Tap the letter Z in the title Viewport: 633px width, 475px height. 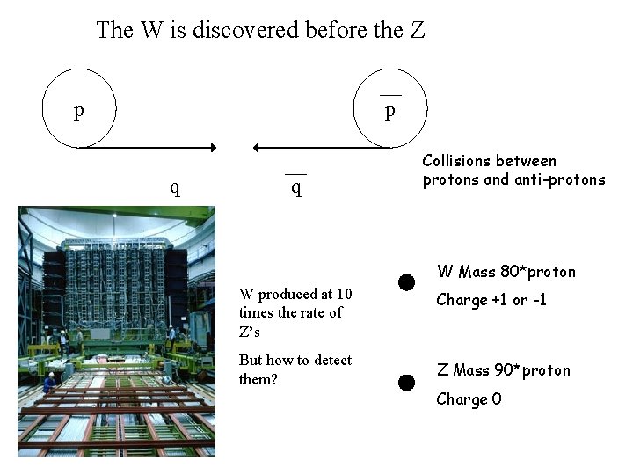(x=418, y=30)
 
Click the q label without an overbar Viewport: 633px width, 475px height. (x=175, y=186)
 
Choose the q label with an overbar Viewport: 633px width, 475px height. (x=296, y=187)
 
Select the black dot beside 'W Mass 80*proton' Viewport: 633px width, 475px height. (x=405, y=282)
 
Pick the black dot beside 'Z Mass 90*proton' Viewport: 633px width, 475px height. (x=405, y=383)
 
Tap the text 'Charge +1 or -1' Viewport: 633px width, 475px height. (x=491, y=300)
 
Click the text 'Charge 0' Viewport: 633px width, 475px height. (x=469, y=399)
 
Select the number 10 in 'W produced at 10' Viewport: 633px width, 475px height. (x=344, y=294)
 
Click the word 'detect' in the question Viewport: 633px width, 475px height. (x=332, y=361)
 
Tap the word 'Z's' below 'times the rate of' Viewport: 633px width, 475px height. (x=250, y=332)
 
